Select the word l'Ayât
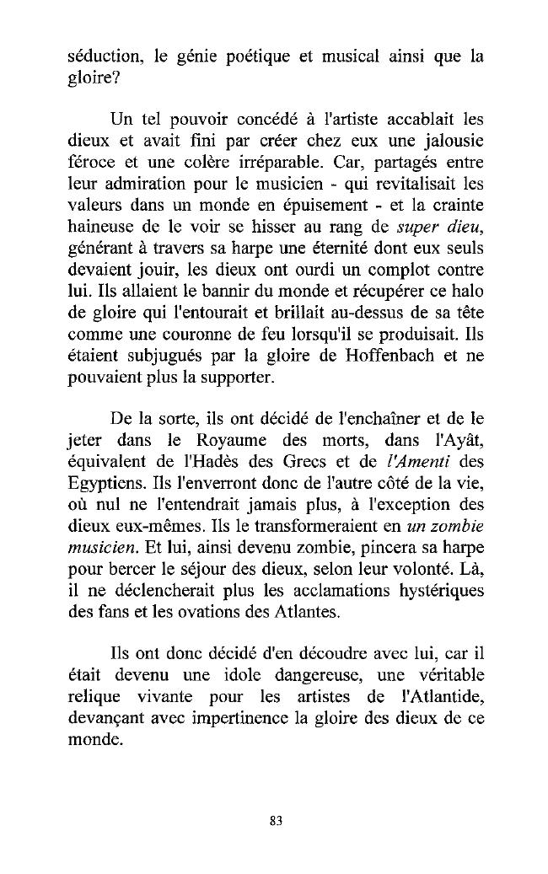click(x=457, y=442)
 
